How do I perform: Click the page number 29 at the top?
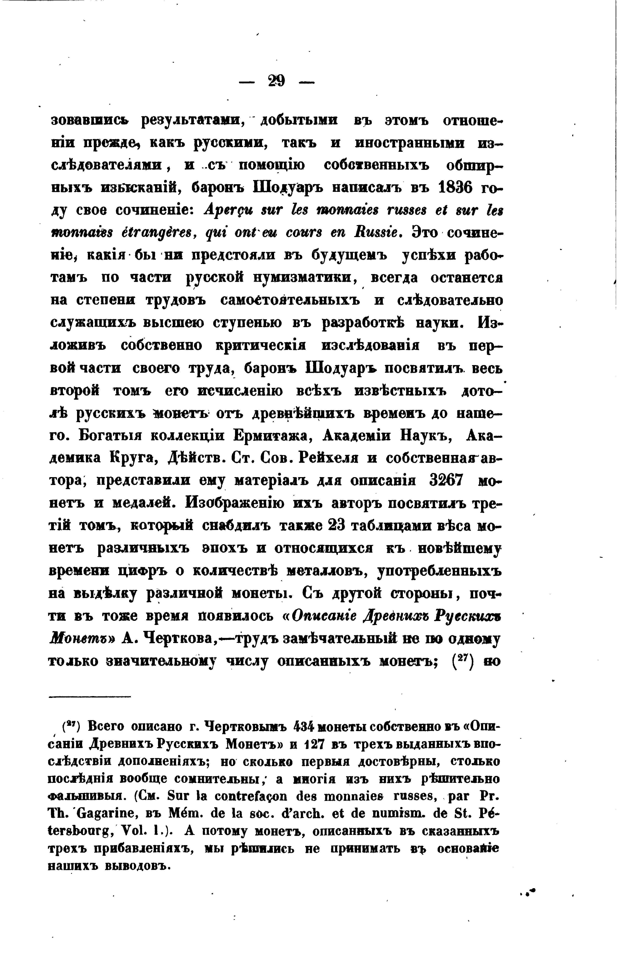click(276, 82)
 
